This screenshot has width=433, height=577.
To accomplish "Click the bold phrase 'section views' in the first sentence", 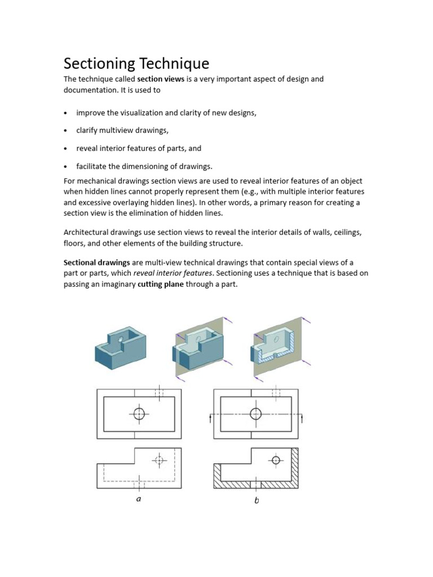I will pyautogui.click(x=158, y=79).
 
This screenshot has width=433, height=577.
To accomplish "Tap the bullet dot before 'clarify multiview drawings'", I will pyautogui.click(x=66, y=131).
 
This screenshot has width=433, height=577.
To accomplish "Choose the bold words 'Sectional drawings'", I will pyautogui.click(x=96, y=263).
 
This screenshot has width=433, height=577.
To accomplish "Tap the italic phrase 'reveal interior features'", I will pyautogui.click(x=174, y=273).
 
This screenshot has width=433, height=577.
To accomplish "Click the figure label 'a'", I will pyautogui.click(x=139, y=499).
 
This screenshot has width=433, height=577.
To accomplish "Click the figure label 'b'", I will pyautogui.click(x=257, y=500).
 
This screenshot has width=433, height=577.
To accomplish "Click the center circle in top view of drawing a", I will pyautogui.click(x=139, y=414).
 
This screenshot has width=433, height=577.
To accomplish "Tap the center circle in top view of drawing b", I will pyautogui.click(x=256, y=414).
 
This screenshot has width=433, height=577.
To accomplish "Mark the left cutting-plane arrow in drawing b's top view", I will pyautogui.click(x=210, y=418).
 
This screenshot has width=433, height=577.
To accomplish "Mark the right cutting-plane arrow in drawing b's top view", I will pyautogui.click(x=302, y=418).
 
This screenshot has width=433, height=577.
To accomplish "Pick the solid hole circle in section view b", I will pyautogui.click(x=276, y=460).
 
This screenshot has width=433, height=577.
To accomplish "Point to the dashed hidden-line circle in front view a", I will pyautogui.click(x=160, y=460).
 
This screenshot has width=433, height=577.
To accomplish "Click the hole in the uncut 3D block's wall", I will pyautogui.click(x=121, y=339).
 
